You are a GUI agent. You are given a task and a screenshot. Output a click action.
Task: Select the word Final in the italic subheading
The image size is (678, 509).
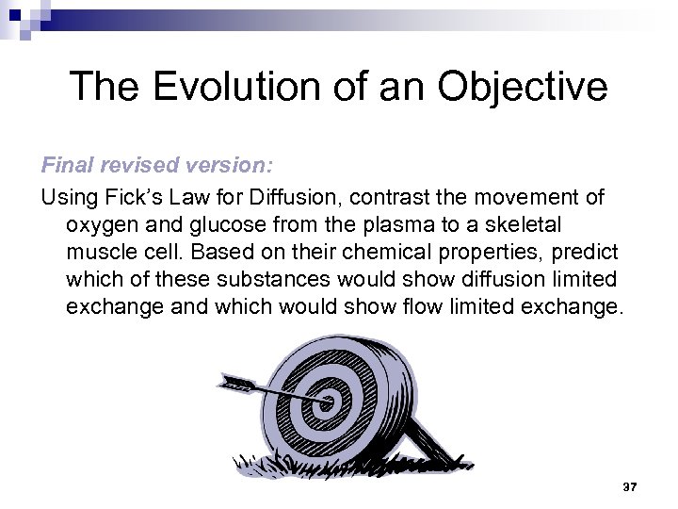(x=62, y=166)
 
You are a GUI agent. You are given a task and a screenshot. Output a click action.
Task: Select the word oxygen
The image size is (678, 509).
(x=103, y=227)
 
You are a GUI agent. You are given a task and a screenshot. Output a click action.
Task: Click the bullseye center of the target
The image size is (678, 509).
(x=329, y=402)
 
